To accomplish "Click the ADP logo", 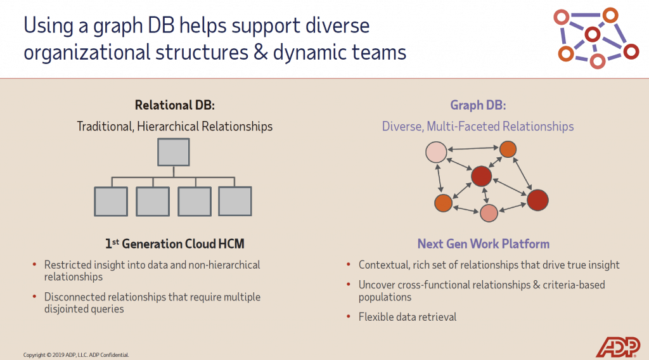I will click(x=618, y=346).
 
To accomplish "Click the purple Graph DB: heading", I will click(x=477, y=105).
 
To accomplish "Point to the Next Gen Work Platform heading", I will click(x=483, y=244).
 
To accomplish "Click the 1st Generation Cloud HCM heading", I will click(x=174, y=244).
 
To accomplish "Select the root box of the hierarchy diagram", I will click(x=173, y=152).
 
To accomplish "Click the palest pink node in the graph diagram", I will click(x=436, y=153).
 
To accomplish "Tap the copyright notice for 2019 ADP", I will click(x=76, y=355).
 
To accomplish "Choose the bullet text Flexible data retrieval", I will click(x=407, y=317).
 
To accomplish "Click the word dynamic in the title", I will click(x=308, y=52).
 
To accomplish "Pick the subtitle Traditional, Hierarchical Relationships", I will click(x=174, y=126).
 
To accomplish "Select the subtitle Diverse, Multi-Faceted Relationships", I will click(x=477, y=126).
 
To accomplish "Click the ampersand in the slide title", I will click(x=257, y=52).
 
